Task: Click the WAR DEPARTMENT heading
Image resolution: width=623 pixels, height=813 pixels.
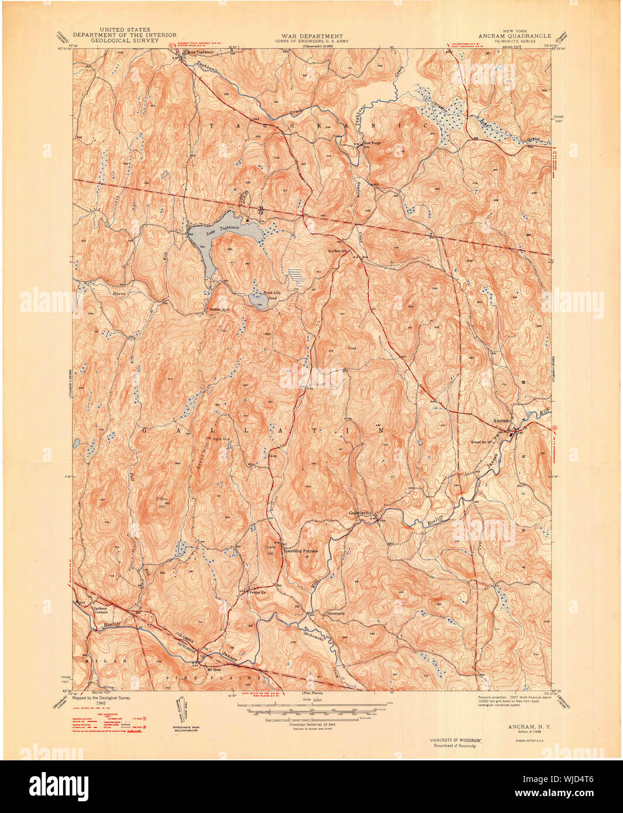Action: point(309,36)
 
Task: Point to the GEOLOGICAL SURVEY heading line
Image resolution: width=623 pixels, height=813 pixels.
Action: point(125,41)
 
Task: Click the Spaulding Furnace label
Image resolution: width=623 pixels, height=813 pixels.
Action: point(301,550)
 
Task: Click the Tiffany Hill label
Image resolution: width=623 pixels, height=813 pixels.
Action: point(161,502)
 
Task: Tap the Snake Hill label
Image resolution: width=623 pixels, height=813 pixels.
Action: point(270,547)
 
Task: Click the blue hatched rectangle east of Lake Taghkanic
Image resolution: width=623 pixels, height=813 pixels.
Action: point(297,274)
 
